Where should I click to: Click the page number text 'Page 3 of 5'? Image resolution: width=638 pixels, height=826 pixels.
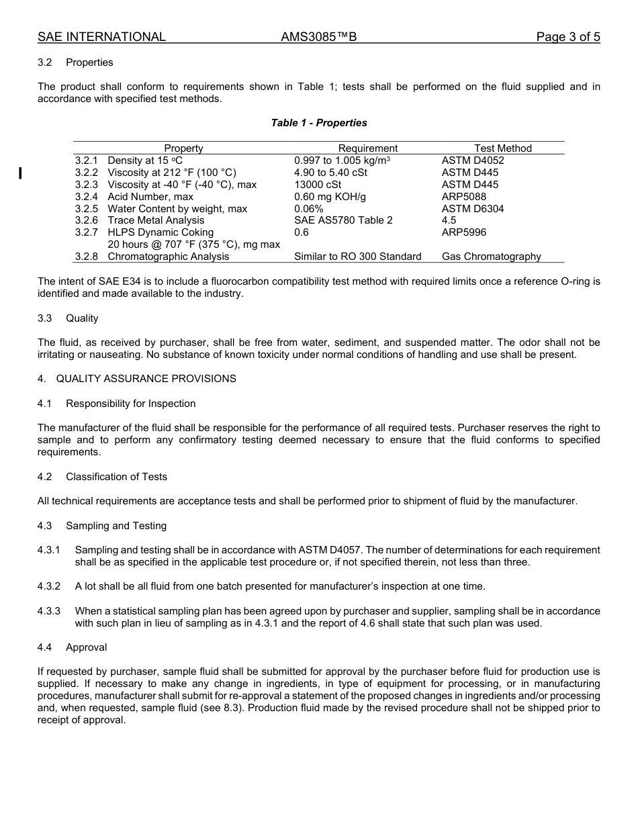[x=567, y=37]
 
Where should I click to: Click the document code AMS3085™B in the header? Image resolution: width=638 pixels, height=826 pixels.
[x=319, y=37]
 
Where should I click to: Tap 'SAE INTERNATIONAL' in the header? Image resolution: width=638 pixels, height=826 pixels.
[x=101, y=37]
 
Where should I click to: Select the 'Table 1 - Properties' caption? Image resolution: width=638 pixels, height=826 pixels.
[x=319, y=123]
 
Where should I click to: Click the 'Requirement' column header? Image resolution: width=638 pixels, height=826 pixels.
[x=367, y=148]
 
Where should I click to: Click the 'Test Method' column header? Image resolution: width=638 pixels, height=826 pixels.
[x=502, y=148]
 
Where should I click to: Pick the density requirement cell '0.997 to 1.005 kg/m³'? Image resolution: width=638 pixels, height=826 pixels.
[x=343, y=160]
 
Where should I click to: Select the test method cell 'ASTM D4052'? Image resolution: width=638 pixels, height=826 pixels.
[x=473, y=160]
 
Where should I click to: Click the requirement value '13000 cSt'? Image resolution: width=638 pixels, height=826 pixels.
[x=318, y=185]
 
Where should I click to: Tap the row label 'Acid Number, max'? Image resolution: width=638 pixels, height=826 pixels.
[x=150, y=197]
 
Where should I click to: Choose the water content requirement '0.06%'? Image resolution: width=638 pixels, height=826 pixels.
[x=309, y=209]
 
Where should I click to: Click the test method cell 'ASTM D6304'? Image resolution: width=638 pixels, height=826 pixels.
[x=473, y=209]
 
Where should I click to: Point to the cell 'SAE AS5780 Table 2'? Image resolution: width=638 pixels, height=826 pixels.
[x=343, y=220]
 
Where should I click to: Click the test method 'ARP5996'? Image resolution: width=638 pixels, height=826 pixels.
[x=464, y=232]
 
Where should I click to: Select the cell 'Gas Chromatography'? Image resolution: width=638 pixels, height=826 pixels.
[x=491, y=257]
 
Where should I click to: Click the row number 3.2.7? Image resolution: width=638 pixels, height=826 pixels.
[x=87, y=232]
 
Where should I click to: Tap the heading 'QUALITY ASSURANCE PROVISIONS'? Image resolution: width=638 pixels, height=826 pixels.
[x=146, y=379]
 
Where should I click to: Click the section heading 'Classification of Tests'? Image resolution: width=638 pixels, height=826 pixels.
[x=116, y=477]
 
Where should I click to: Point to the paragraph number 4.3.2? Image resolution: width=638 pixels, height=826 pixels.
[x=49, y=586]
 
